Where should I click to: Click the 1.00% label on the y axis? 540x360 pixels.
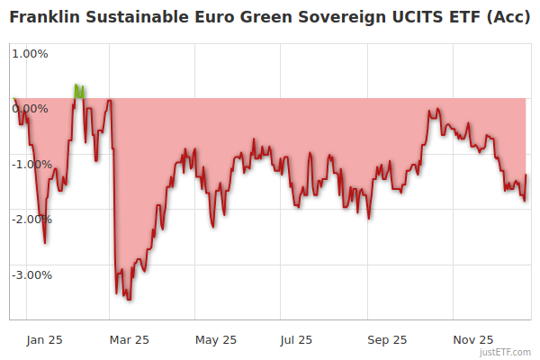(x=30, y=53)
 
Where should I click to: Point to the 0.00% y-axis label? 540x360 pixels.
(x=30, y=109)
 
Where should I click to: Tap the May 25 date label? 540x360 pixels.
(x=216, y=339)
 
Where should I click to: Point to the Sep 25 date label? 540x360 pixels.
(x=387, y=339)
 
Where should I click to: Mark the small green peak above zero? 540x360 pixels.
(x=77, y=87)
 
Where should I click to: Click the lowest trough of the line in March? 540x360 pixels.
(x=129, y=299)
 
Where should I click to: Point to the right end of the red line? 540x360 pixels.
(x=526, y=175)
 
